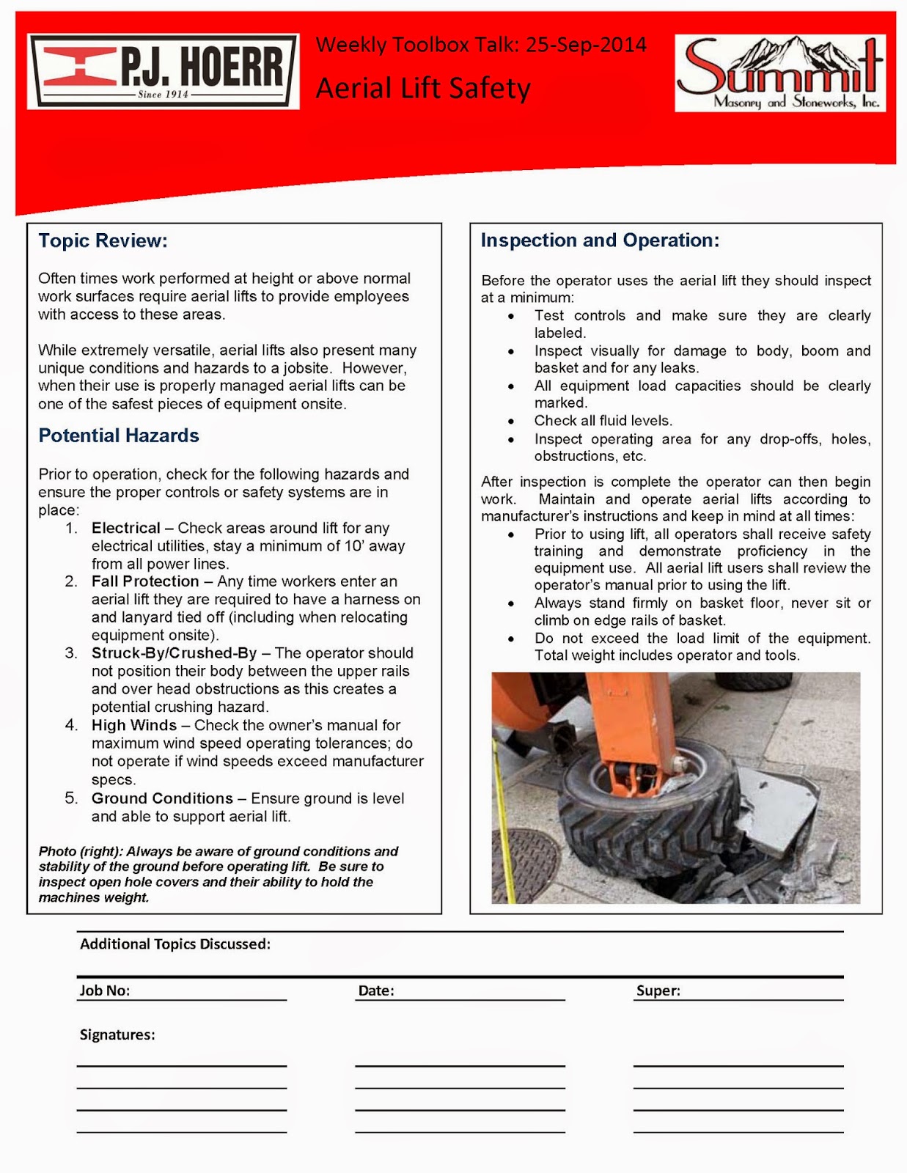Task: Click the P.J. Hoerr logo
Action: point(163,72)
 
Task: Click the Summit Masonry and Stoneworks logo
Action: point(779,73)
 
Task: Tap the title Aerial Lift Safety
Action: point(423,89)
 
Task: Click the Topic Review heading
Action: point(103,240)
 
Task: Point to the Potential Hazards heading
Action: point(119,435)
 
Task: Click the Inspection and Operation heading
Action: point(600,240)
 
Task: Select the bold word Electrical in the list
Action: point(125,528)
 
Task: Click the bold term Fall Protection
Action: point(145,581)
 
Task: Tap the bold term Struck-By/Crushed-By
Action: point(174,653)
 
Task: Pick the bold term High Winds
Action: point(134,725)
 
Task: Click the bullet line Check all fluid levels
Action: point(603,421)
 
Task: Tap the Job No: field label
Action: point(105,990)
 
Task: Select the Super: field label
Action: point(658,990)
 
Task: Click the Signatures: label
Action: point(117,1034)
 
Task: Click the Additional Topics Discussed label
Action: point(175,944)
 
